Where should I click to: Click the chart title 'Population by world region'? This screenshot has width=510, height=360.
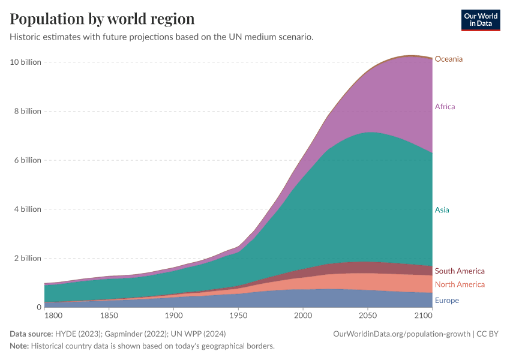(102, 19)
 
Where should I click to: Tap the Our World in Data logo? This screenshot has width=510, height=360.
(480, 20)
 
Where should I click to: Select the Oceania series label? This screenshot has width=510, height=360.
(448, 59)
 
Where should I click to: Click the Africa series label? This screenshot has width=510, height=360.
(445, 107)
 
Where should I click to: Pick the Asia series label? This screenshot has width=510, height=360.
(442, 210)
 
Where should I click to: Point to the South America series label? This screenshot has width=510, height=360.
(459, 271)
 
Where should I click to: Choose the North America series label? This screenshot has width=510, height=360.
(459, 284)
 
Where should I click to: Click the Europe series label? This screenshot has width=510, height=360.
(447, 301)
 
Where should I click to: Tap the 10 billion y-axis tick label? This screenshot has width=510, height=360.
(25, 62)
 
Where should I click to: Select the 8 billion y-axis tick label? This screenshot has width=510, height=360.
(27, 111)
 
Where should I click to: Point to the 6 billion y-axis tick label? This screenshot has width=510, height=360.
(27, 160)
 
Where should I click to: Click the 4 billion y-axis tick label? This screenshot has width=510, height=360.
(27, 209)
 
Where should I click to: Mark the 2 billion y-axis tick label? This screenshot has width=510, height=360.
(27, 259)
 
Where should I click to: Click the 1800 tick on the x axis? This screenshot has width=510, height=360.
(53, 315)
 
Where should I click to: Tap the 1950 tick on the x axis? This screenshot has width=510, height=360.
(238, 315)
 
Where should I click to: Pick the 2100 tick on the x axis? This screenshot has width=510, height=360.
(423, 315)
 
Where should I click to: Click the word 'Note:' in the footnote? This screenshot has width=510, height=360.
(20, 346)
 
